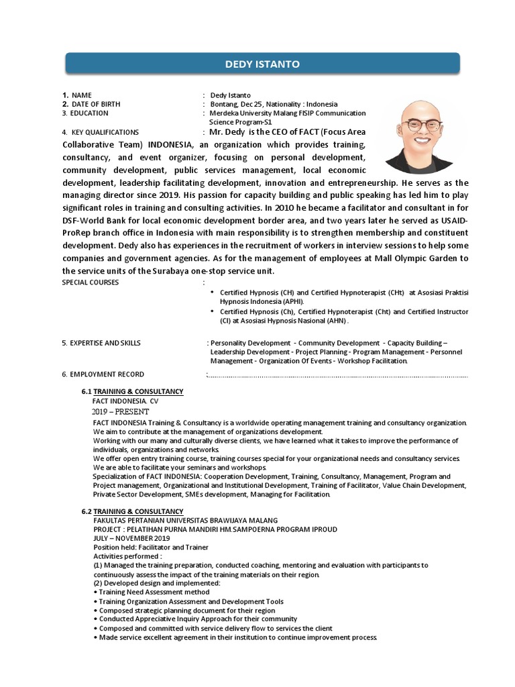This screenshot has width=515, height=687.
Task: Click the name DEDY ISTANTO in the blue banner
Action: [262, 64]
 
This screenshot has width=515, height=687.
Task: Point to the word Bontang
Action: [224, 104]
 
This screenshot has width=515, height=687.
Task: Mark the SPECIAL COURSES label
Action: [90, 282]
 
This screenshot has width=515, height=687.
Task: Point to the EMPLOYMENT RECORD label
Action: [107, 374]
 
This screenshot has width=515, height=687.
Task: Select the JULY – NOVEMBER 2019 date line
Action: [131, 538]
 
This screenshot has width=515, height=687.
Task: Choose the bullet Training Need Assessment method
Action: [154, 592]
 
